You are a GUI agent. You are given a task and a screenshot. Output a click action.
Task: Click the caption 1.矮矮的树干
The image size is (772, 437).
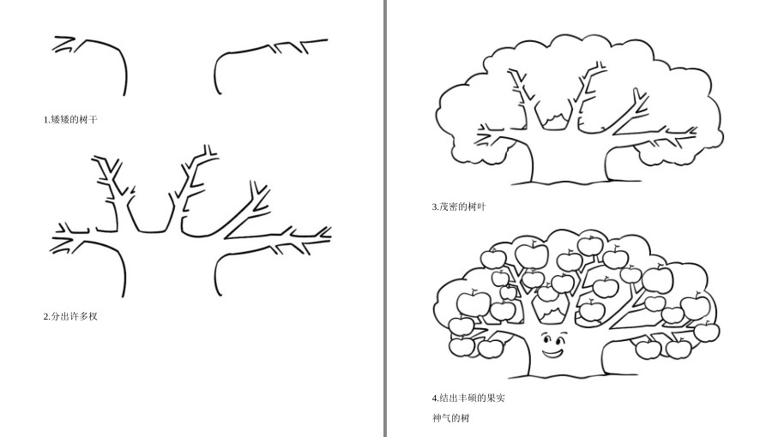(x=70, y=119)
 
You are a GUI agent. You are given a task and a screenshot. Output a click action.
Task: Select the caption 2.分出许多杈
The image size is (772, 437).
(x=70, y=316)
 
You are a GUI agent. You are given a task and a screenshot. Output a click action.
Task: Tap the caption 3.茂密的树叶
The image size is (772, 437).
(x=459, y=207)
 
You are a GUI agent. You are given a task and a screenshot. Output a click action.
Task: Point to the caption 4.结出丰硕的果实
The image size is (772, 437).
(x=468, y=398)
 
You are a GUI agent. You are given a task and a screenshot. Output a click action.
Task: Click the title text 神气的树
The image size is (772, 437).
(x=451, y=418)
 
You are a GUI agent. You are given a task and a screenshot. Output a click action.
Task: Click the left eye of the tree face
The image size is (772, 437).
(x=546, y=338)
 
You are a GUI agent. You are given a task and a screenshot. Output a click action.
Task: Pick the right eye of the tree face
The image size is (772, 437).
(x=561, y=338)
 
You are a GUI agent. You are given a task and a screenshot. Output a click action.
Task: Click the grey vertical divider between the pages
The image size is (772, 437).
(x=385, y=218)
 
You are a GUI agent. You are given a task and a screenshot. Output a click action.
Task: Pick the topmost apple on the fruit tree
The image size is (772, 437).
(x=590, y=245)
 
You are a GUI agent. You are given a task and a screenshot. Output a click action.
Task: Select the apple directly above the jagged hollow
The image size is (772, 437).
(x=547, y=293)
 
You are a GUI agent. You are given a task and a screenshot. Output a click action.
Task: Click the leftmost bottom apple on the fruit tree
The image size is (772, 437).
(x=461, y=346)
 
